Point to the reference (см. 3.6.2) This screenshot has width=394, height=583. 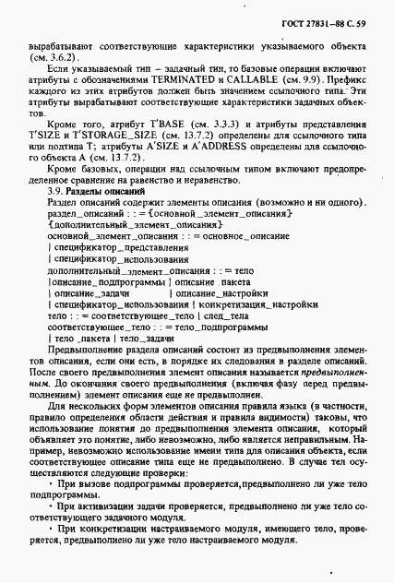(66, 54)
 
